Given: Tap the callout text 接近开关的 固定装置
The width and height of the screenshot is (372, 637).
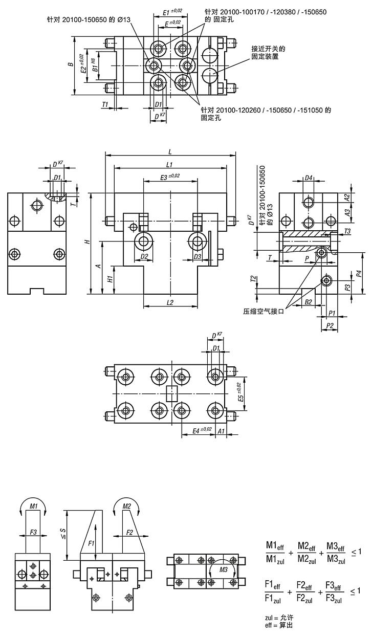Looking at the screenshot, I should pyautogui.click(x=268, y=53).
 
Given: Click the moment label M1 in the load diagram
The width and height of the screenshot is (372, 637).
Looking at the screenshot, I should pyautogui.click(x=34, y=506).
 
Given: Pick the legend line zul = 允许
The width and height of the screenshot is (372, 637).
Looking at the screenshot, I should pyautogui.click(x=279, y=618).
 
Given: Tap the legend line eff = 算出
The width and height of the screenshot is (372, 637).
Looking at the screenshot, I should pyautogui.click(x=279, y=626).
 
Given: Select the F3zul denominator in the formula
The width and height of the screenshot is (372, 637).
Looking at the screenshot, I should pyautogui.click(x=332, y=598).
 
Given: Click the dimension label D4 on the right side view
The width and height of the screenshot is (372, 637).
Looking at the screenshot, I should pyautogui.click(x=309, y=179).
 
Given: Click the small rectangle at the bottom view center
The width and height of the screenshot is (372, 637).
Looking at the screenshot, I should pyautogui.click(x=171, y=394).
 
